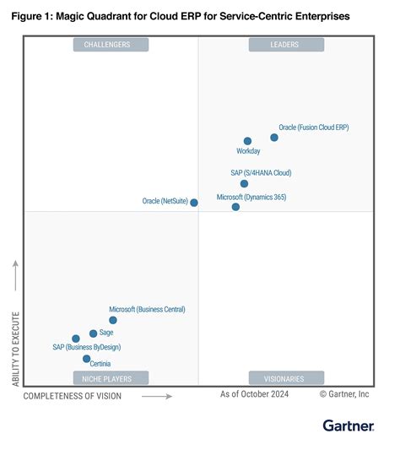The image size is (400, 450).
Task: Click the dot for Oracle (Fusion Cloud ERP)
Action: coord(274,137)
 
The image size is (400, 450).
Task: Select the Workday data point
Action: coord(247,141)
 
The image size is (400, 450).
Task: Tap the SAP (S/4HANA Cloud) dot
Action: coord(244,183)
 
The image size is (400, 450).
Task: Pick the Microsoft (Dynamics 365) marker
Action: coord(235,206)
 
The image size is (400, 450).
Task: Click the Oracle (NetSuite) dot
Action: coord(194,203)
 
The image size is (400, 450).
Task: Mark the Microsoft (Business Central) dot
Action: coord(113,320)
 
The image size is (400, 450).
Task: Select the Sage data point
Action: coord(93,333)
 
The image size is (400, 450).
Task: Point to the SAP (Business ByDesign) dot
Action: coord(76,339)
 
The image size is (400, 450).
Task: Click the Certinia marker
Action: coord(86,359)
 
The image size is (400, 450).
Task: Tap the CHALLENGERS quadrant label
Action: coord(111,44)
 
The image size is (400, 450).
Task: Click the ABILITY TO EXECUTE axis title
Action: coord(16,345)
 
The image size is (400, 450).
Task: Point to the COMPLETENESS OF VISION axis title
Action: coord(73,395)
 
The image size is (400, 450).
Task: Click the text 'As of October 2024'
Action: coord(254,394)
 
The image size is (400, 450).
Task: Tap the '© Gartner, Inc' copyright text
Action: coord(344,394)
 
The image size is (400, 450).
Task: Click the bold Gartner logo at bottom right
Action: coord(348,425)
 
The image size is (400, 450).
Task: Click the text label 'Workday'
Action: coord(248,152)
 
